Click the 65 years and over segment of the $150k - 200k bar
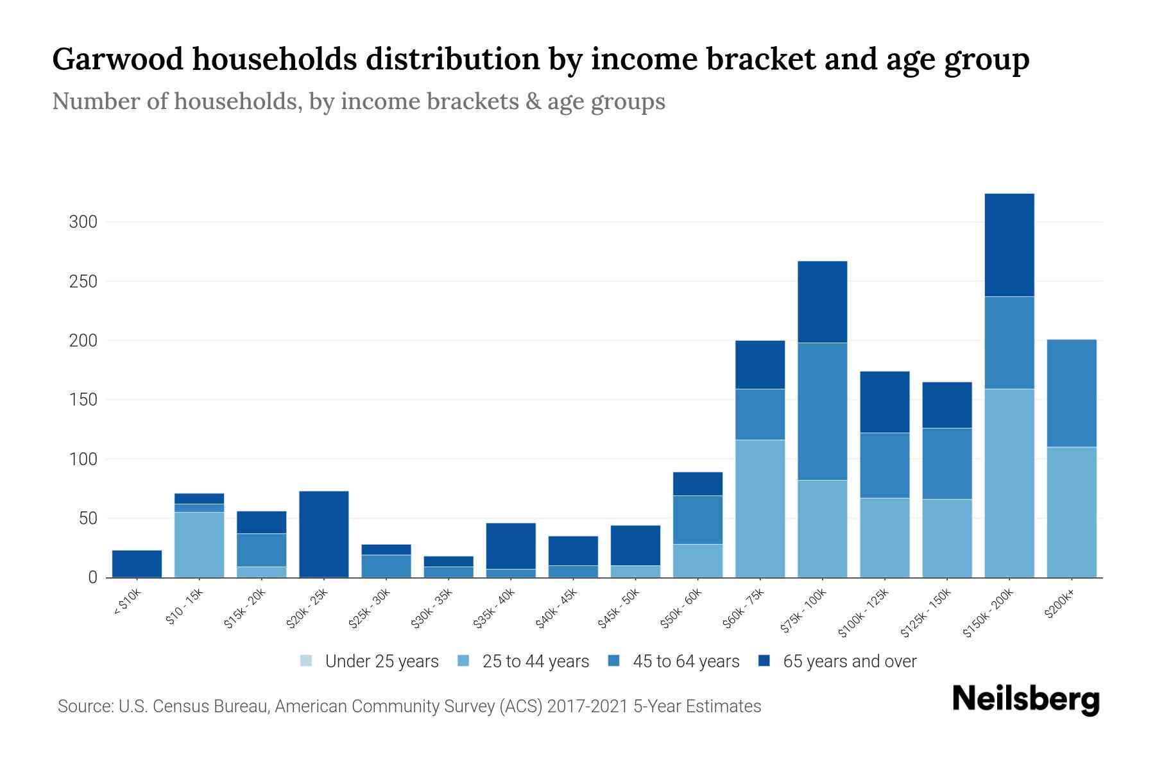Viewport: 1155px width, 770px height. tap(1009, 244)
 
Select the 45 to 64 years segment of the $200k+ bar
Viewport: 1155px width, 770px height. tap(1071, 393)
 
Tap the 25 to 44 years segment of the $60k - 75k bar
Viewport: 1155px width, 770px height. tap(760, 508)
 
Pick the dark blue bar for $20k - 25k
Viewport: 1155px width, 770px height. tap(323, 534)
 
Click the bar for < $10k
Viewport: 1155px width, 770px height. tap(137, 563)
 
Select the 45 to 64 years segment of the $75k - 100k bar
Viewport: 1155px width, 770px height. tap(822, 411)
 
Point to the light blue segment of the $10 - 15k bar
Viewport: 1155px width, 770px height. tap(199, 544)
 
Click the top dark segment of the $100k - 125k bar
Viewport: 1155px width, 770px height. tap(884, 402)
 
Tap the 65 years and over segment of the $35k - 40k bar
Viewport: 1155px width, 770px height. tap(510, 545)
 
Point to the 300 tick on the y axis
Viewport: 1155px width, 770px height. tap(83, 222)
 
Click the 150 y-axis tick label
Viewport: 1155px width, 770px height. tap(83, 400)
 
